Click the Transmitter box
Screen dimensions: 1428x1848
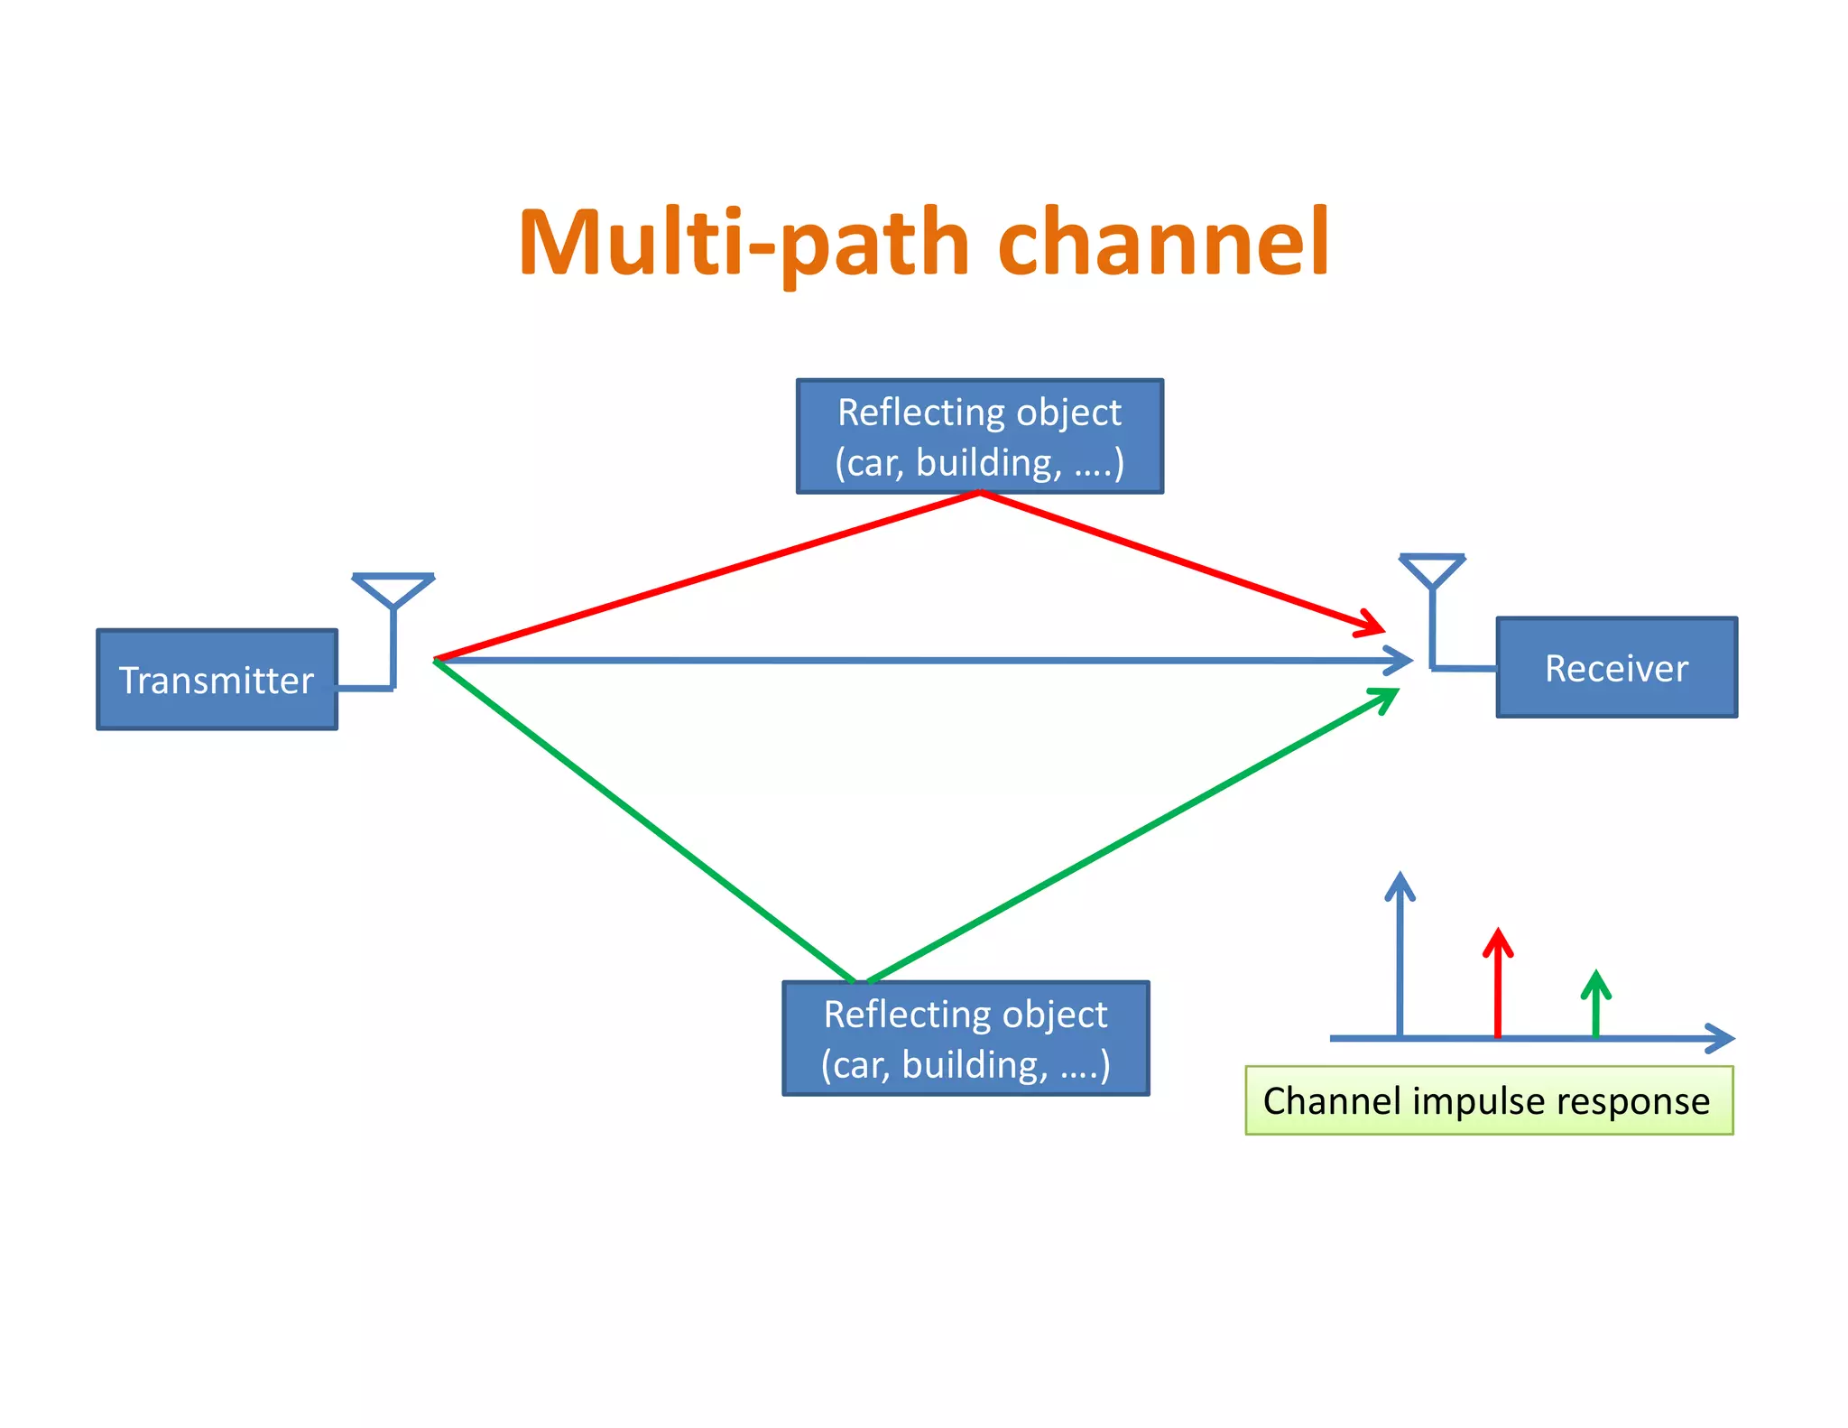pos(217,680)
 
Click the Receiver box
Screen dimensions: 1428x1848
pos(1616,668)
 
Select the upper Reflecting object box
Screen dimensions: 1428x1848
pos(979,436)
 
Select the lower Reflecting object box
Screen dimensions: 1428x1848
pos(966,1038)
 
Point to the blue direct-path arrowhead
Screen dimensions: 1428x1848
pos(1401,661)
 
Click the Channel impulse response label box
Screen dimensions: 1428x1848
pos(1489,1100)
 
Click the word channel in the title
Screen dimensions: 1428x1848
pos(1164,242)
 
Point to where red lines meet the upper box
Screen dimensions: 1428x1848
pos(980,493)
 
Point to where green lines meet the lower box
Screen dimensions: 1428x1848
pos(860,981)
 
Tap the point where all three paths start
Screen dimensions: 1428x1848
pos(437,661)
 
